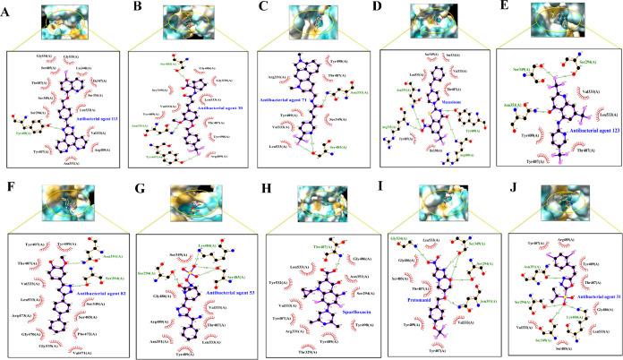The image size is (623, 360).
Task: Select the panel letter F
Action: [x=8, y=190]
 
